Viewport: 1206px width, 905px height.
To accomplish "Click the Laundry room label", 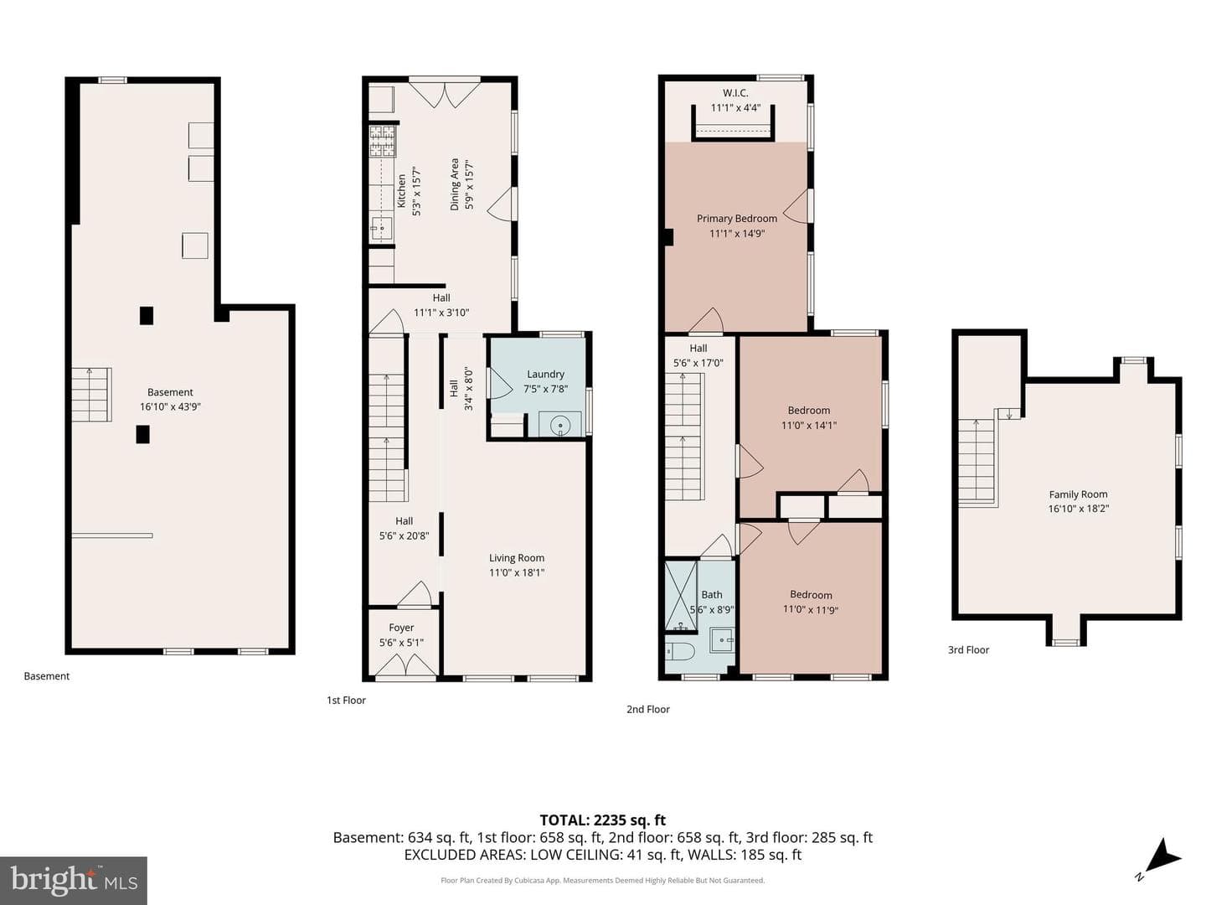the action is click(x=544, y=375).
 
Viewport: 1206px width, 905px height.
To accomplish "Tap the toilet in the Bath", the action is click(x=680, y=652).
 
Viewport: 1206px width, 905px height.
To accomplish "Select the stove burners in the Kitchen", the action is click(x=382, y=142).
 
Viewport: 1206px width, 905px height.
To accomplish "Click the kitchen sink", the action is click(x=381, y=227).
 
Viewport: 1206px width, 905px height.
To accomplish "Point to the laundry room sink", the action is click(x=559, y=426).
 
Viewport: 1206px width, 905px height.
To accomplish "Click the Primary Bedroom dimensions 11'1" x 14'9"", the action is click(x=736, y=234).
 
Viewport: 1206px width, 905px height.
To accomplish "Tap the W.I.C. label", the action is click(x=735, y=93).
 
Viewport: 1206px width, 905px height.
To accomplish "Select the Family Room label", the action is click(x=1078, y=494).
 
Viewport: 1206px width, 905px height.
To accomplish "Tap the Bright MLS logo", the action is click(x=73, y=880).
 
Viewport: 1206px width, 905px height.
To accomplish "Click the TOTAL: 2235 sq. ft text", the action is click(x=603, y=820).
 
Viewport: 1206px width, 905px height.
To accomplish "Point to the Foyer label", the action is click(x=401, y=628).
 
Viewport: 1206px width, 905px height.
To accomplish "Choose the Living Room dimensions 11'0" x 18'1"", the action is click(x=517, y=572).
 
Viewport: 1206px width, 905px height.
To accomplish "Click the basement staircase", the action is click(x=92, y=395).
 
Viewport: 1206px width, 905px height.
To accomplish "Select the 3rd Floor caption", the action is click(x=968, y=649).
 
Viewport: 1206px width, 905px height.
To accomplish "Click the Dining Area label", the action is click(x=455, y=184).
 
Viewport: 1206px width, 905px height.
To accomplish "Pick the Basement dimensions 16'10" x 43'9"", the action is click(x=170, y=406).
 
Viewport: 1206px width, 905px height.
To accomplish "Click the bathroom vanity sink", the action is click(x=721, y=639).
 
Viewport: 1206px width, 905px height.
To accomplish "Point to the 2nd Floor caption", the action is click(x=647, y=709).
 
